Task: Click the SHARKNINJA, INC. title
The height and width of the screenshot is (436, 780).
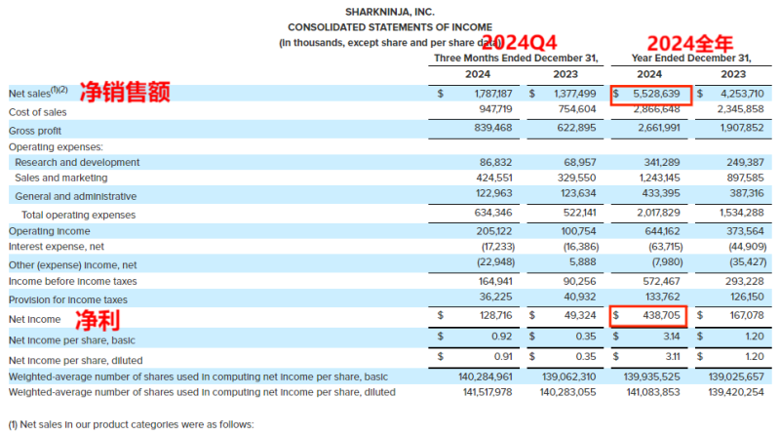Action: [390, 11]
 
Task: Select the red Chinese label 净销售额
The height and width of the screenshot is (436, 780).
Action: [124, 93]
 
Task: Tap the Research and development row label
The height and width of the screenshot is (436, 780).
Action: [77, 162]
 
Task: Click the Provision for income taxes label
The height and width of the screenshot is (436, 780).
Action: [67, 299]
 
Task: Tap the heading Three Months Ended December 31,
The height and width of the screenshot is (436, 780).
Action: [515, 58]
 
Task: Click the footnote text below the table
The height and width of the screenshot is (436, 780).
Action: [131, 424]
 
